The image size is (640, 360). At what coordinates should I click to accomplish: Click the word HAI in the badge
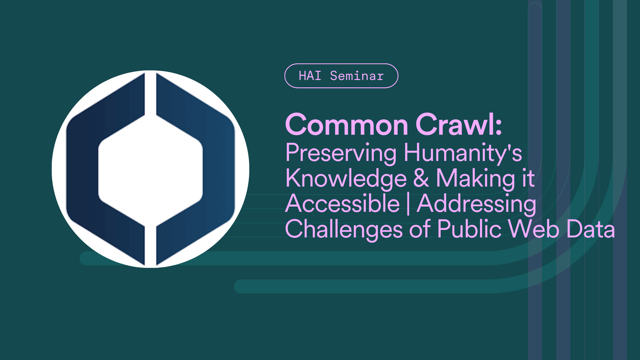(310, 76)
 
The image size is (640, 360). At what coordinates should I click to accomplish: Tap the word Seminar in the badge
(357, 76)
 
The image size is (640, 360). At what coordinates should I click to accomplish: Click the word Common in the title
(347, 125)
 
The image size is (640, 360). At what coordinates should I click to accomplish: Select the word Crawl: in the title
(458, 125)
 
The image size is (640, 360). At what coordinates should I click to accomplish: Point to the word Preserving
(341, 153)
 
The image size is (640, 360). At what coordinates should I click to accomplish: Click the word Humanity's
(463, 153)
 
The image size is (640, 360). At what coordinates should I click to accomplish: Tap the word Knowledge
(346, 179)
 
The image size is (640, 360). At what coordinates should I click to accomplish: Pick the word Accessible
(342, 204)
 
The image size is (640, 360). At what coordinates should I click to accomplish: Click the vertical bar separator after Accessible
(408, 204)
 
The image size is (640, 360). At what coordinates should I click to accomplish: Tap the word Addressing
(476, 204)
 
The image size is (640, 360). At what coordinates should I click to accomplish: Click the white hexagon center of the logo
(150, 170)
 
